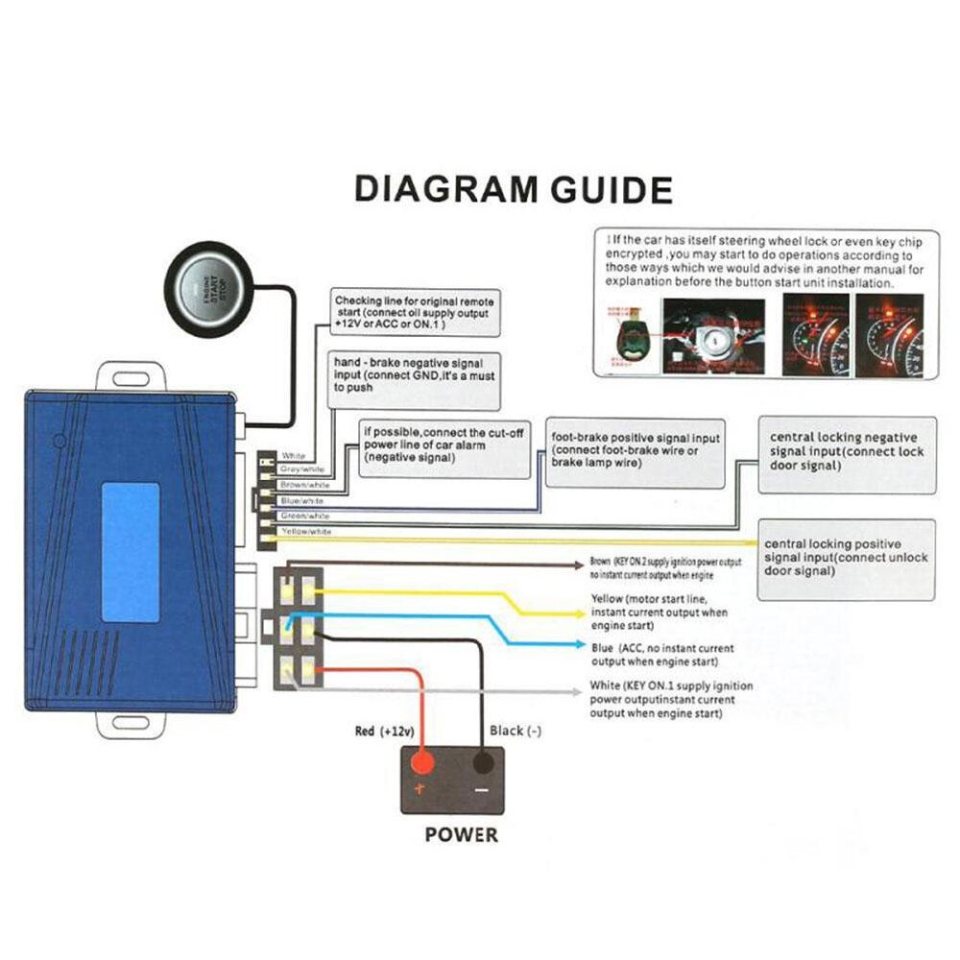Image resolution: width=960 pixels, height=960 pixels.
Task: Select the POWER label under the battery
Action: [462, 834]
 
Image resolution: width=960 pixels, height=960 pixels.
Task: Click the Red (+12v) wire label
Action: [384, 731]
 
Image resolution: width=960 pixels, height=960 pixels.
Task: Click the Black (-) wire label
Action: [516, 731]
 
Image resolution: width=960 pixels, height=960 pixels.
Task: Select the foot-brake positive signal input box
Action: [636, 450]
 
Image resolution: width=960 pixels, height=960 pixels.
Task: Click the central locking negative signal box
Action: [846, 453]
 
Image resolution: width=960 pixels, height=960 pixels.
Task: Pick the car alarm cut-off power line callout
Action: [444, 446]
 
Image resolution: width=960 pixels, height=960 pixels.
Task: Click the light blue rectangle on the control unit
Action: [130, 551]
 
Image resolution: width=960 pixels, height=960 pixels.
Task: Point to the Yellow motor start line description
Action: [660, 612]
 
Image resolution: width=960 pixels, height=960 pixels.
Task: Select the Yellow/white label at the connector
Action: [306, 531]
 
